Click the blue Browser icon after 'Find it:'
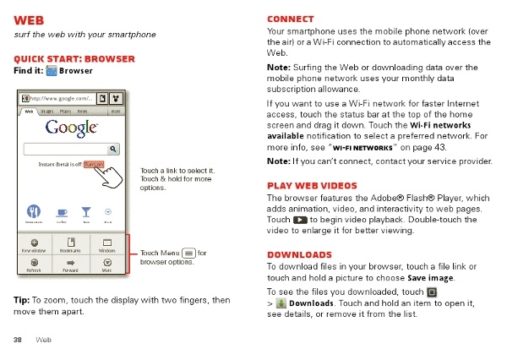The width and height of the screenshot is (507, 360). pos(52,71)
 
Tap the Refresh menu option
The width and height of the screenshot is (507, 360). pos(34,267)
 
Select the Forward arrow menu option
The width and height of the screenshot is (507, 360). pos(71,267)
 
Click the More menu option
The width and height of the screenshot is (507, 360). pos(107,267)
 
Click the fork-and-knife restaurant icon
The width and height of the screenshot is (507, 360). pos(35,212)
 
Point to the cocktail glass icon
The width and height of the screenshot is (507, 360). pos(84,212)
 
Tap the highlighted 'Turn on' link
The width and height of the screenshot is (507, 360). pos(93,165)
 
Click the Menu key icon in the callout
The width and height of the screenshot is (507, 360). pos(188,252)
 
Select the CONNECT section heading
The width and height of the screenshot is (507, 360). pos(290,19)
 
